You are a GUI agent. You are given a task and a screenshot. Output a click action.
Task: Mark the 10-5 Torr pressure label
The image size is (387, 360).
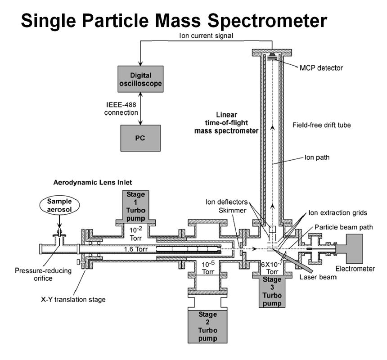click(x=207, y=269)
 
